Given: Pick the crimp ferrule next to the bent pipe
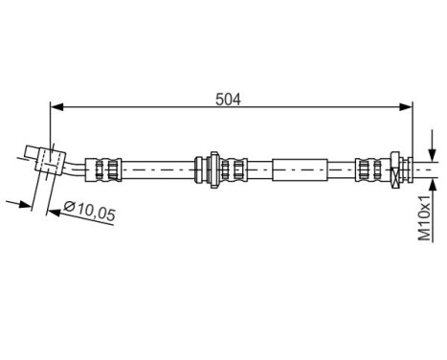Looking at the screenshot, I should (x=104, y=169).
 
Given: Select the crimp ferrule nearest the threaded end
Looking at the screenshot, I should (x=368, y=170).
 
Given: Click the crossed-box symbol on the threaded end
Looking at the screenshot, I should (x=395, y=170).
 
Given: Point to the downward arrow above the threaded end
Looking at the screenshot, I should (x=432, y=152).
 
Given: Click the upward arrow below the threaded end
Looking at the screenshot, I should (x=432, y=189).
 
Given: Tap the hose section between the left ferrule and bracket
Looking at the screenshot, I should (x=159, y=169).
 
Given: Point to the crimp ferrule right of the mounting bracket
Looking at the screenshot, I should (x=233, y=169).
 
